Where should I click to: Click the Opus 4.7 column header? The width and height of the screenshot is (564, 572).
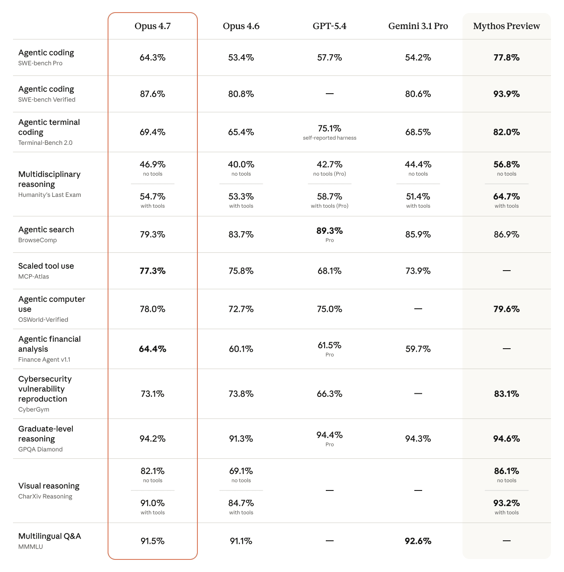point(152,26)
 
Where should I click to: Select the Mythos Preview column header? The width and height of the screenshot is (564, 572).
point(506,26)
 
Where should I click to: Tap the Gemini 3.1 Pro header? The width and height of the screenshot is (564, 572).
point(418,26)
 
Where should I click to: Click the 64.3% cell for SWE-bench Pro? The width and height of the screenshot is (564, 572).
point(152,58)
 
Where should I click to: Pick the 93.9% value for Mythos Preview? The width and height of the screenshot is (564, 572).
point(506,94)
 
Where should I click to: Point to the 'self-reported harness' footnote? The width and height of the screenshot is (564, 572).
point(329,138)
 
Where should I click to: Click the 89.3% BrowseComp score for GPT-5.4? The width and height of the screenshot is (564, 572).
point(329,231)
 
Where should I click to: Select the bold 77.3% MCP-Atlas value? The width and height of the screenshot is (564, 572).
point(152,271)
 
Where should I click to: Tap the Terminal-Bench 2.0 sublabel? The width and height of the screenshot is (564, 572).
point(45,143)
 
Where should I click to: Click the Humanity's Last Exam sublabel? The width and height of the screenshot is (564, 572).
point(49,195)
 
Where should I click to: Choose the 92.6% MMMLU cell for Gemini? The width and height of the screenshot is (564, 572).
point(418,541)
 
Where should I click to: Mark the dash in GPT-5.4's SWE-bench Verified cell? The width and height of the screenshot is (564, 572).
point(329,94)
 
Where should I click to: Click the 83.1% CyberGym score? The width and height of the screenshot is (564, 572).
point(506,394)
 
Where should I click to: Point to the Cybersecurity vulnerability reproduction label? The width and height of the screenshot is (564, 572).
point(45,389)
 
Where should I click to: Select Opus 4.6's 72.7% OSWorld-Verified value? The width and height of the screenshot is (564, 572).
point(241,309)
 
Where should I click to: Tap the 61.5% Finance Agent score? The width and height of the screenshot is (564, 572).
point(329,345)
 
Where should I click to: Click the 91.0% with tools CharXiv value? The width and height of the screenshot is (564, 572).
point(152,503)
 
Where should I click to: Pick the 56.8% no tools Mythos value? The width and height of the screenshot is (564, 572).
point(506,164)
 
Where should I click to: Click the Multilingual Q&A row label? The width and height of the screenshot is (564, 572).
point(49,536)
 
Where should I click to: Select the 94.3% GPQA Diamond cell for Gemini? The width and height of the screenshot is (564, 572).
point(418,439)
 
